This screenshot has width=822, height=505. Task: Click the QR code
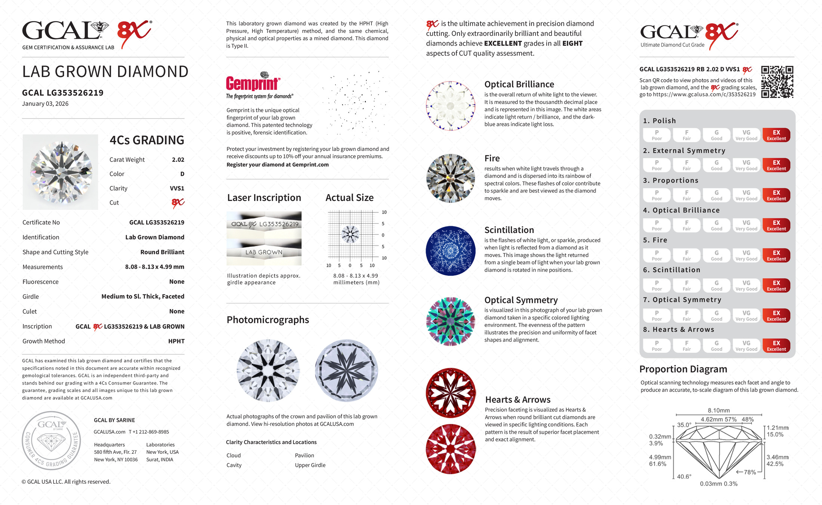777,82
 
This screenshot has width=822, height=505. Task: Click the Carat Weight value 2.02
178,160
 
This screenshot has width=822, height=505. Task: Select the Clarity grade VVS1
177,189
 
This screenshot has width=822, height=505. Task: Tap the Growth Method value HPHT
176,341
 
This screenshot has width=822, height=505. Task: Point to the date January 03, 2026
45,104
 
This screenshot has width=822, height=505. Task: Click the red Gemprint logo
253,83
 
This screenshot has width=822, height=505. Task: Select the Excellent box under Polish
776,135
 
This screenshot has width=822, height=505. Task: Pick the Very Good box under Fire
746,255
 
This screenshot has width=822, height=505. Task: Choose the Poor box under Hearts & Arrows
656,346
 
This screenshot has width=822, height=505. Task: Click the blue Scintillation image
451,251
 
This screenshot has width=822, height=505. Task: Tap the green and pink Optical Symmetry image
451,321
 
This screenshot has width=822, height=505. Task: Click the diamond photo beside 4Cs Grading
61,172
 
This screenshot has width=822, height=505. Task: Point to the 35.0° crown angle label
684,425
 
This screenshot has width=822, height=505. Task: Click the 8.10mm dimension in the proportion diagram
719,410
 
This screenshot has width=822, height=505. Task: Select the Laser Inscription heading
264,198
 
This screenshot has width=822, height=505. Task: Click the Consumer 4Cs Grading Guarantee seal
51,440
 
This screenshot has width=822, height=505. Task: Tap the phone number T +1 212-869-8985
149,432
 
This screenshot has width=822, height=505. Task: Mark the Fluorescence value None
177,282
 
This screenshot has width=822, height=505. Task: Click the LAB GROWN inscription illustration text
264,252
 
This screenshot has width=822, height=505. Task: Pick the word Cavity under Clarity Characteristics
234,465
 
